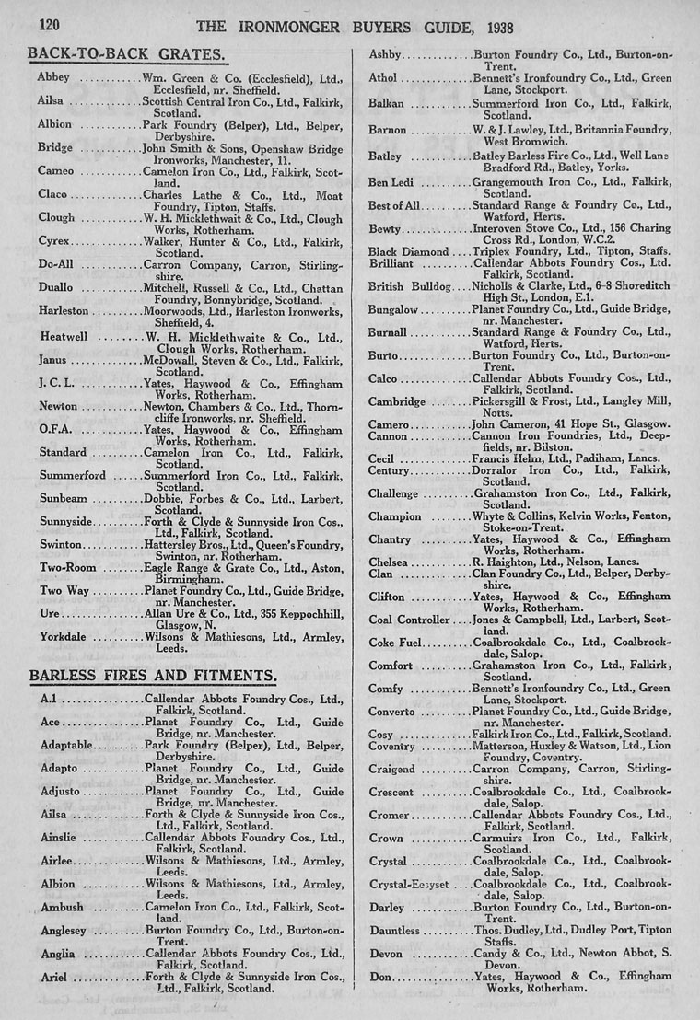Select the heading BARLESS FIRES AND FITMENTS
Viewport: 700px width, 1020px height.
[152, 677]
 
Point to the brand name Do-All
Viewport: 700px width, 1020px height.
[56, 265]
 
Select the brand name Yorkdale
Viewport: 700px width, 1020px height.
[66, 636]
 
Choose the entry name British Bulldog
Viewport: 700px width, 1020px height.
[409, 286]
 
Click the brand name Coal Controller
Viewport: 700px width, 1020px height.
[410, 620]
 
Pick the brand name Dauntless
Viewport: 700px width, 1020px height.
[394, 931]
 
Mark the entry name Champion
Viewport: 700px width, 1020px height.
[395, 516]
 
